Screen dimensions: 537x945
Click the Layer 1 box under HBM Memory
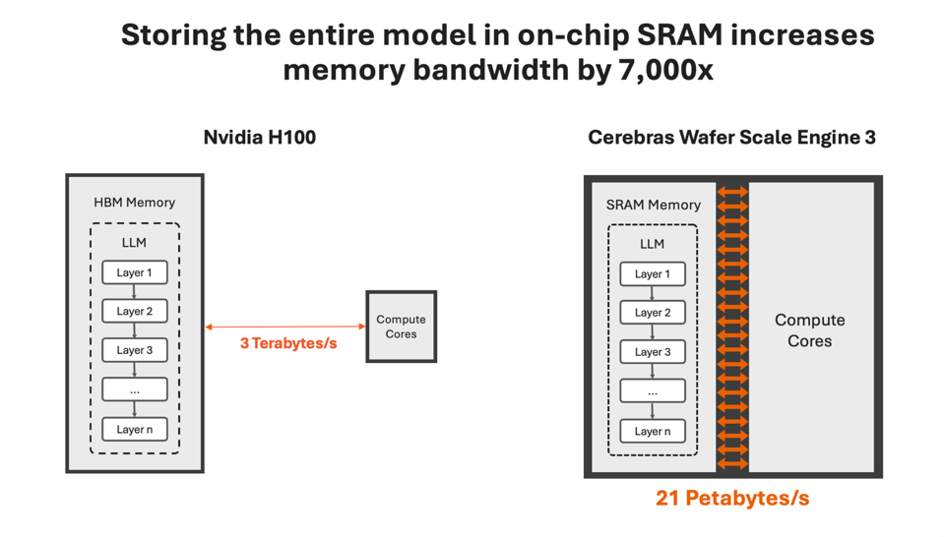pyautogui.click(x=135, y=272)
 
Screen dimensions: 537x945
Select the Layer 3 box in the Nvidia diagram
pyautogui.click(x=135, y=350)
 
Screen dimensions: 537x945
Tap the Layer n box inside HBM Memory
pyautogui.click(x=135, y=429)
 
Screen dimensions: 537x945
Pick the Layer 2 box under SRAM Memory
pyautogui.click(x=653, y=313)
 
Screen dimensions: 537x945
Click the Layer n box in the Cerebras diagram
pyautogui.click(x=653, y=431)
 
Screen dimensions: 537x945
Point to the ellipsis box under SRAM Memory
pyautogui.click(x=653, y=391)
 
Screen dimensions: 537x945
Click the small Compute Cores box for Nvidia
pyautogui.click(x=401, y=327)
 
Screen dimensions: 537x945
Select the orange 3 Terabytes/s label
pyautogui.click(x=288, y=344)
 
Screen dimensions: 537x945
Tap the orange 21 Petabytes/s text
pyautogui.click(x=732, y=499)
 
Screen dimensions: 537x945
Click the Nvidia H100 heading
pyautogui.click(x=260, y=138)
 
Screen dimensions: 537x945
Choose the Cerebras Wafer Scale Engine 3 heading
pyautogui.click(x=731, y=138)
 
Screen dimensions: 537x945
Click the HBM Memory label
pyautogui.click(x=135, y=203)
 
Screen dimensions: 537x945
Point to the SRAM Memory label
pyautogui.click(x=654, y=205)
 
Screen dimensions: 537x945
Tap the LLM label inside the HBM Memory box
pyautogui.click(x=135, y=242)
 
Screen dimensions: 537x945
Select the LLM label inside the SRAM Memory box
pyautogui.click(x=653, y=244)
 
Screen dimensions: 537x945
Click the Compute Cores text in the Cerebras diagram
pyautogui.click(x=810, y=330)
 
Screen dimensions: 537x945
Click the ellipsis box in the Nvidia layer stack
pyautogui.click(x=135, y=389)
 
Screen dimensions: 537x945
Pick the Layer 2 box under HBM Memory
pyautogui.click(x=135, y=311)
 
